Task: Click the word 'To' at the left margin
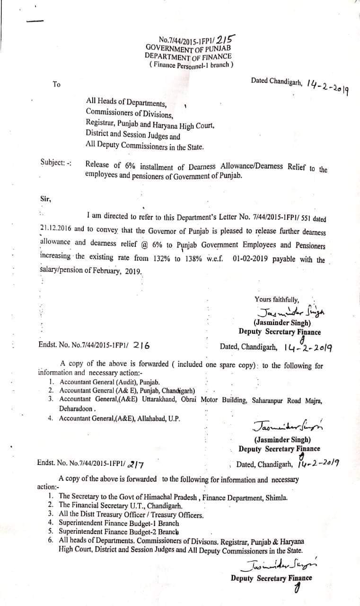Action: [x=57, y=84]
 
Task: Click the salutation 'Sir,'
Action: [x=45, y=199]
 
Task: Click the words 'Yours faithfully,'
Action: [x=277, y=299]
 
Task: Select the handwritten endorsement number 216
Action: [x=141, y=346]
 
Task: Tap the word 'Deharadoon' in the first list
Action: [x=77, y=408]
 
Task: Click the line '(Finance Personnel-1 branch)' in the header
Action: [x=191, y=64]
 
